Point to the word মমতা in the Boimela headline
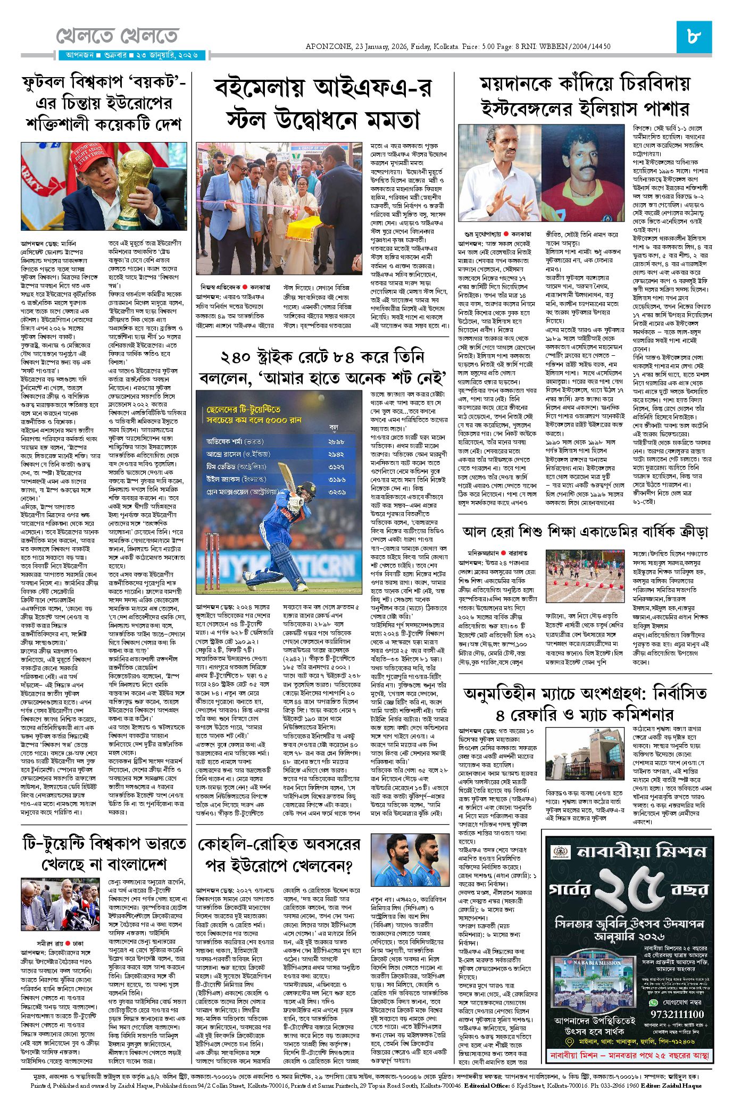390,120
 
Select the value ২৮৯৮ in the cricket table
336,441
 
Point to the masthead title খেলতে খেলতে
117,36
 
